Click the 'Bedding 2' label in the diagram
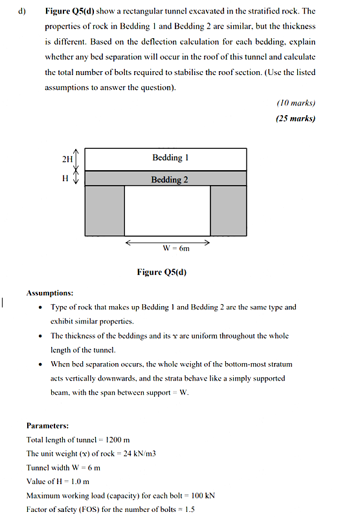click(x=170, y=179)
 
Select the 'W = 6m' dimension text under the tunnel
click(x=175, y=249)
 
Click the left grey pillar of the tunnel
click(x=104, y=210)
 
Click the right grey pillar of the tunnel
click(x=228, y=210)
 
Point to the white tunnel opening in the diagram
click(x=167, y=210)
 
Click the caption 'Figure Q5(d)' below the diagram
click(x=162, y=272)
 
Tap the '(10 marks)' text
click(x=296, y=103)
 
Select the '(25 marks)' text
click(x=295, y=118)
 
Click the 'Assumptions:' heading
click(x=50, y=293)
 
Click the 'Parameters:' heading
click(x=47, y=425)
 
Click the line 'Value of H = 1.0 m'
click(x=58, y=482)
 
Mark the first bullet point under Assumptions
click(x=42, y=307)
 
